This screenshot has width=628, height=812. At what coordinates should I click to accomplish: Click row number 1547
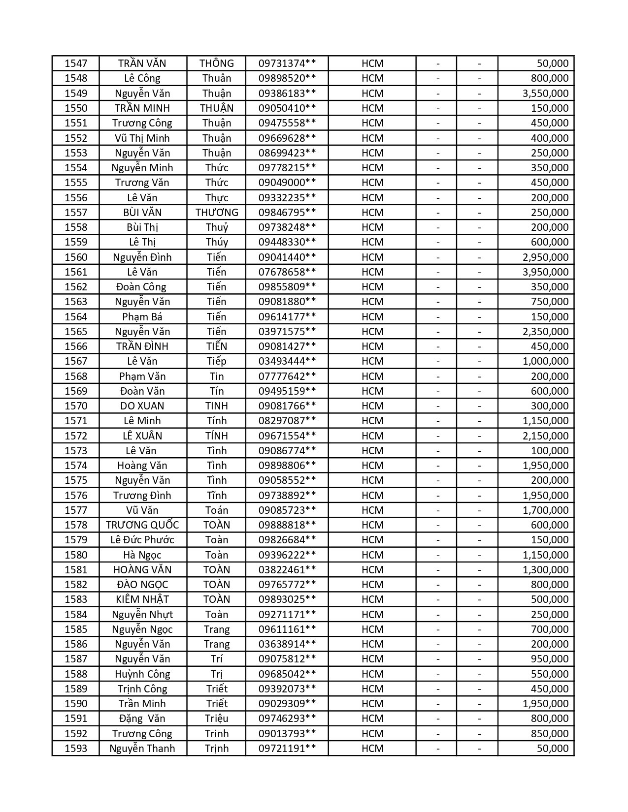[76, 63]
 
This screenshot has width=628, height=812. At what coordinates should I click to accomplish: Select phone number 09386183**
[287, 94]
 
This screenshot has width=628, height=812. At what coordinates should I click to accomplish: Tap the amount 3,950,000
[545, 272]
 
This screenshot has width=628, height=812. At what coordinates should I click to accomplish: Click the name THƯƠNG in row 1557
[217, 213]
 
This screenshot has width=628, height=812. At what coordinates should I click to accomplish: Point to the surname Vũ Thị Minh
[142, 138]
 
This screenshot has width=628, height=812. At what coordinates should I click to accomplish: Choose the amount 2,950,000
[545, 257]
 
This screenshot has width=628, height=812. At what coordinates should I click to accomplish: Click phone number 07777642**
[287, 376]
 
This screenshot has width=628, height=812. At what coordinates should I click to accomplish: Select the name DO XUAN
[142, 406]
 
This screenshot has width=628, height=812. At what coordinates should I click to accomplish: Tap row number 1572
[76, 436]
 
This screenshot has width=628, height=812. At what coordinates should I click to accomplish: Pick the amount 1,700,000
[545, 510]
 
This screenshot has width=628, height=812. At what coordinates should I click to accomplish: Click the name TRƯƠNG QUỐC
[142, 525]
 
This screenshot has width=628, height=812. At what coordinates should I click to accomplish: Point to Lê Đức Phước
[142, 540]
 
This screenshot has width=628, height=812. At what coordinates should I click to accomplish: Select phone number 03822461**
[287, 570]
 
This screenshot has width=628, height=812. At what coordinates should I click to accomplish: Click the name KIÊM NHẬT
[142, 599]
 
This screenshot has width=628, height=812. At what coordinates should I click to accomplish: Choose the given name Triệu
[217, 718]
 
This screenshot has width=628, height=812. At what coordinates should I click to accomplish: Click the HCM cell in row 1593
[372, 749]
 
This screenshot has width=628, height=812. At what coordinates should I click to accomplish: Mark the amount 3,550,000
[545, 94]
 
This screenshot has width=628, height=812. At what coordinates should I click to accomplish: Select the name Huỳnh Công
[142, 674]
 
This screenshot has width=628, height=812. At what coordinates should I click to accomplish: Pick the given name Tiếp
[217, 361]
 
